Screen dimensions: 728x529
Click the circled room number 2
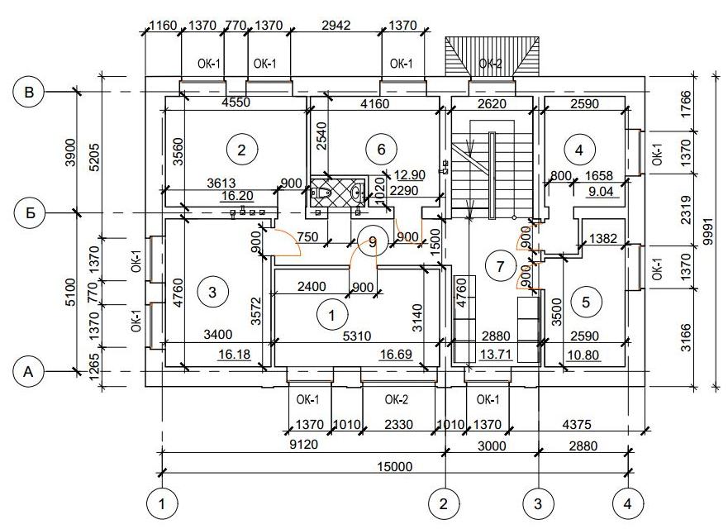241,150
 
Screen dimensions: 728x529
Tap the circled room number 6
381,149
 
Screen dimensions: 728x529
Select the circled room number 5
586,303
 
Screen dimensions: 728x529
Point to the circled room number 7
500,266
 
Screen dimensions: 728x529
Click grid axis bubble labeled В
29,92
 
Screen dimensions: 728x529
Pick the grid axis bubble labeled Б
31,213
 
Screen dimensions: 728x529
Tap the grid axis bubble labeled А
29,372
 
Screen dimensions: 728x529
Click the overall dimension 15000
395,466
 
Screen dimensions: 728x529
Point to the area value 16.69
396,355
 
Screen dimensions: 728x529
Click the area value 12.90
410,174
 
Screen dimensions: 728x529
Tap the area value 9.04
602,191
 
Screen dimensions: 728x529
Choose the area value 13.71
496,355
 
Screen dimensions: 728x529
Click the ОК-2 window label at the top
490,64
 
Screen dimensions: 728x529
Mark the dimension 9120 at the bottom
303,445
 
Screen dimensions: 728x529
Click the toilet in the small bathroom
322,192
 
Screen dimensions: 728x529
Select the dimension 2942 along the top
336,25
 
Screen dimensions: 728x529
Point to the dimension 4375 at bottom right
577,424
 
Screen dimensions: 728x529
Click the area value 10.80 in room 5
583,355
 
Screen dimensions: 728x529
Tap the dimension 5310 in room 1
357,336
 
